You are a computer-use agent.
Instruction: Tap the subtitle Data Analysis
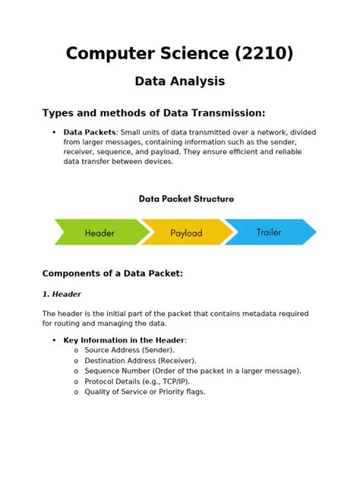tap(180, 81)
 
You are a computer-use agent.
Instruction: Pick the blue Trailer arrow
tap(270, 232)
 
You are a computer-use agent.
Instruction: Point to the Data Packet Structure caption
tap(186, 199)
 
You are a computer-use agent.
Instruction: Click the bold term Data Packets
tap(90, 132)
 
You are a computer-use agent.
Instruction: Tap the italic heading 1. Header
tap(62, 294)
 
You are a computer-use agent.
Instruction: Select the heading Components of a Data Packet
tap(112, 273)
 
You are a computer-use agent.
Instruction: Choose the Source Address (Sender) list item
tap(129, 350)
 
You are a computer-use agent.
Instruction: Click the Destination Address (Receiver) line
tap(141, 361)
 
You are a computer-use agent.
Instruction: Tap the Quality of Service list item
tap(145, 392)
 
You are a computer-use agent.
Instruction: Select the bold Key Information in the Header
tap(124, 340)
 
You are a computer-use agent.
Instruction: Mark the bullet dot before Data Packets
tap(54, 133)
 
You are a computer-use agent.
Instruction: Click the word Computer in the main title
tap(111, 53)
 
